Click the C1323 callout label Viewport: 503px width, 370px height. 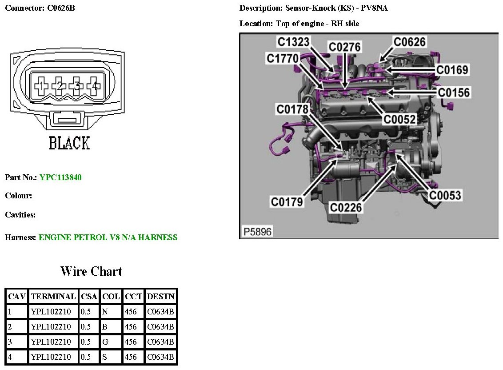[294, 42]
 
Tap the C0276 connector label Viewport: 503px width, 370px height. [344, 47]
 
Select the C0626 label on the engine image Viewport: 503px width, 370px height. [409, 42]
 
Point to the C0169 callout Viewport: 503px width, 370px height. [452, 70]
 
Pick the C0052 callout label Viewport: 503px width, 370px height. [399, 119]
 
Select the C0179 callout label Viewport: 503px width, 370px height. [287, 202]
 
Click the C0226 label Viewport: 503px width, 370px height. [346, 207]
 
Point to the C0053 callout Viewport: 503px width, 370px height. [445, 195]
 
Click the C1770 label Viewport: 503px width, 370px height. [283, 58]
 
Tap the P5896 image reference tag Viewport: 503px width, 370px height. [257, 232]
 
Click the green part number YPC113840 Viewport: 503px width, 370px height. [60, 177]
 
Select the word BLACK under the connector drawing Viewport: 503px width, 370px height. [69, 143]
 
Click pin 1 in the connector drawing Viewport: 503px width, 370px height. [41, 85]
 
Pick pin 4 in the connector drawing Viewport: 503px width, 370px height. [93, 85]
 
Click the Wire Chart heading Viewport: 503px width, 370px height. [91, 271]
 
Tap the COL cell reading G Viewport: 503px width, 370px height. [105, 342]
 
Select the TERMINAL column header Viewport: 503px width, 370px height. [53, 296]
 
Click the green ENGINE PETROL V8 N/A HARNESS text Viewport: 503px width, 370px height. [108, 237]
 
